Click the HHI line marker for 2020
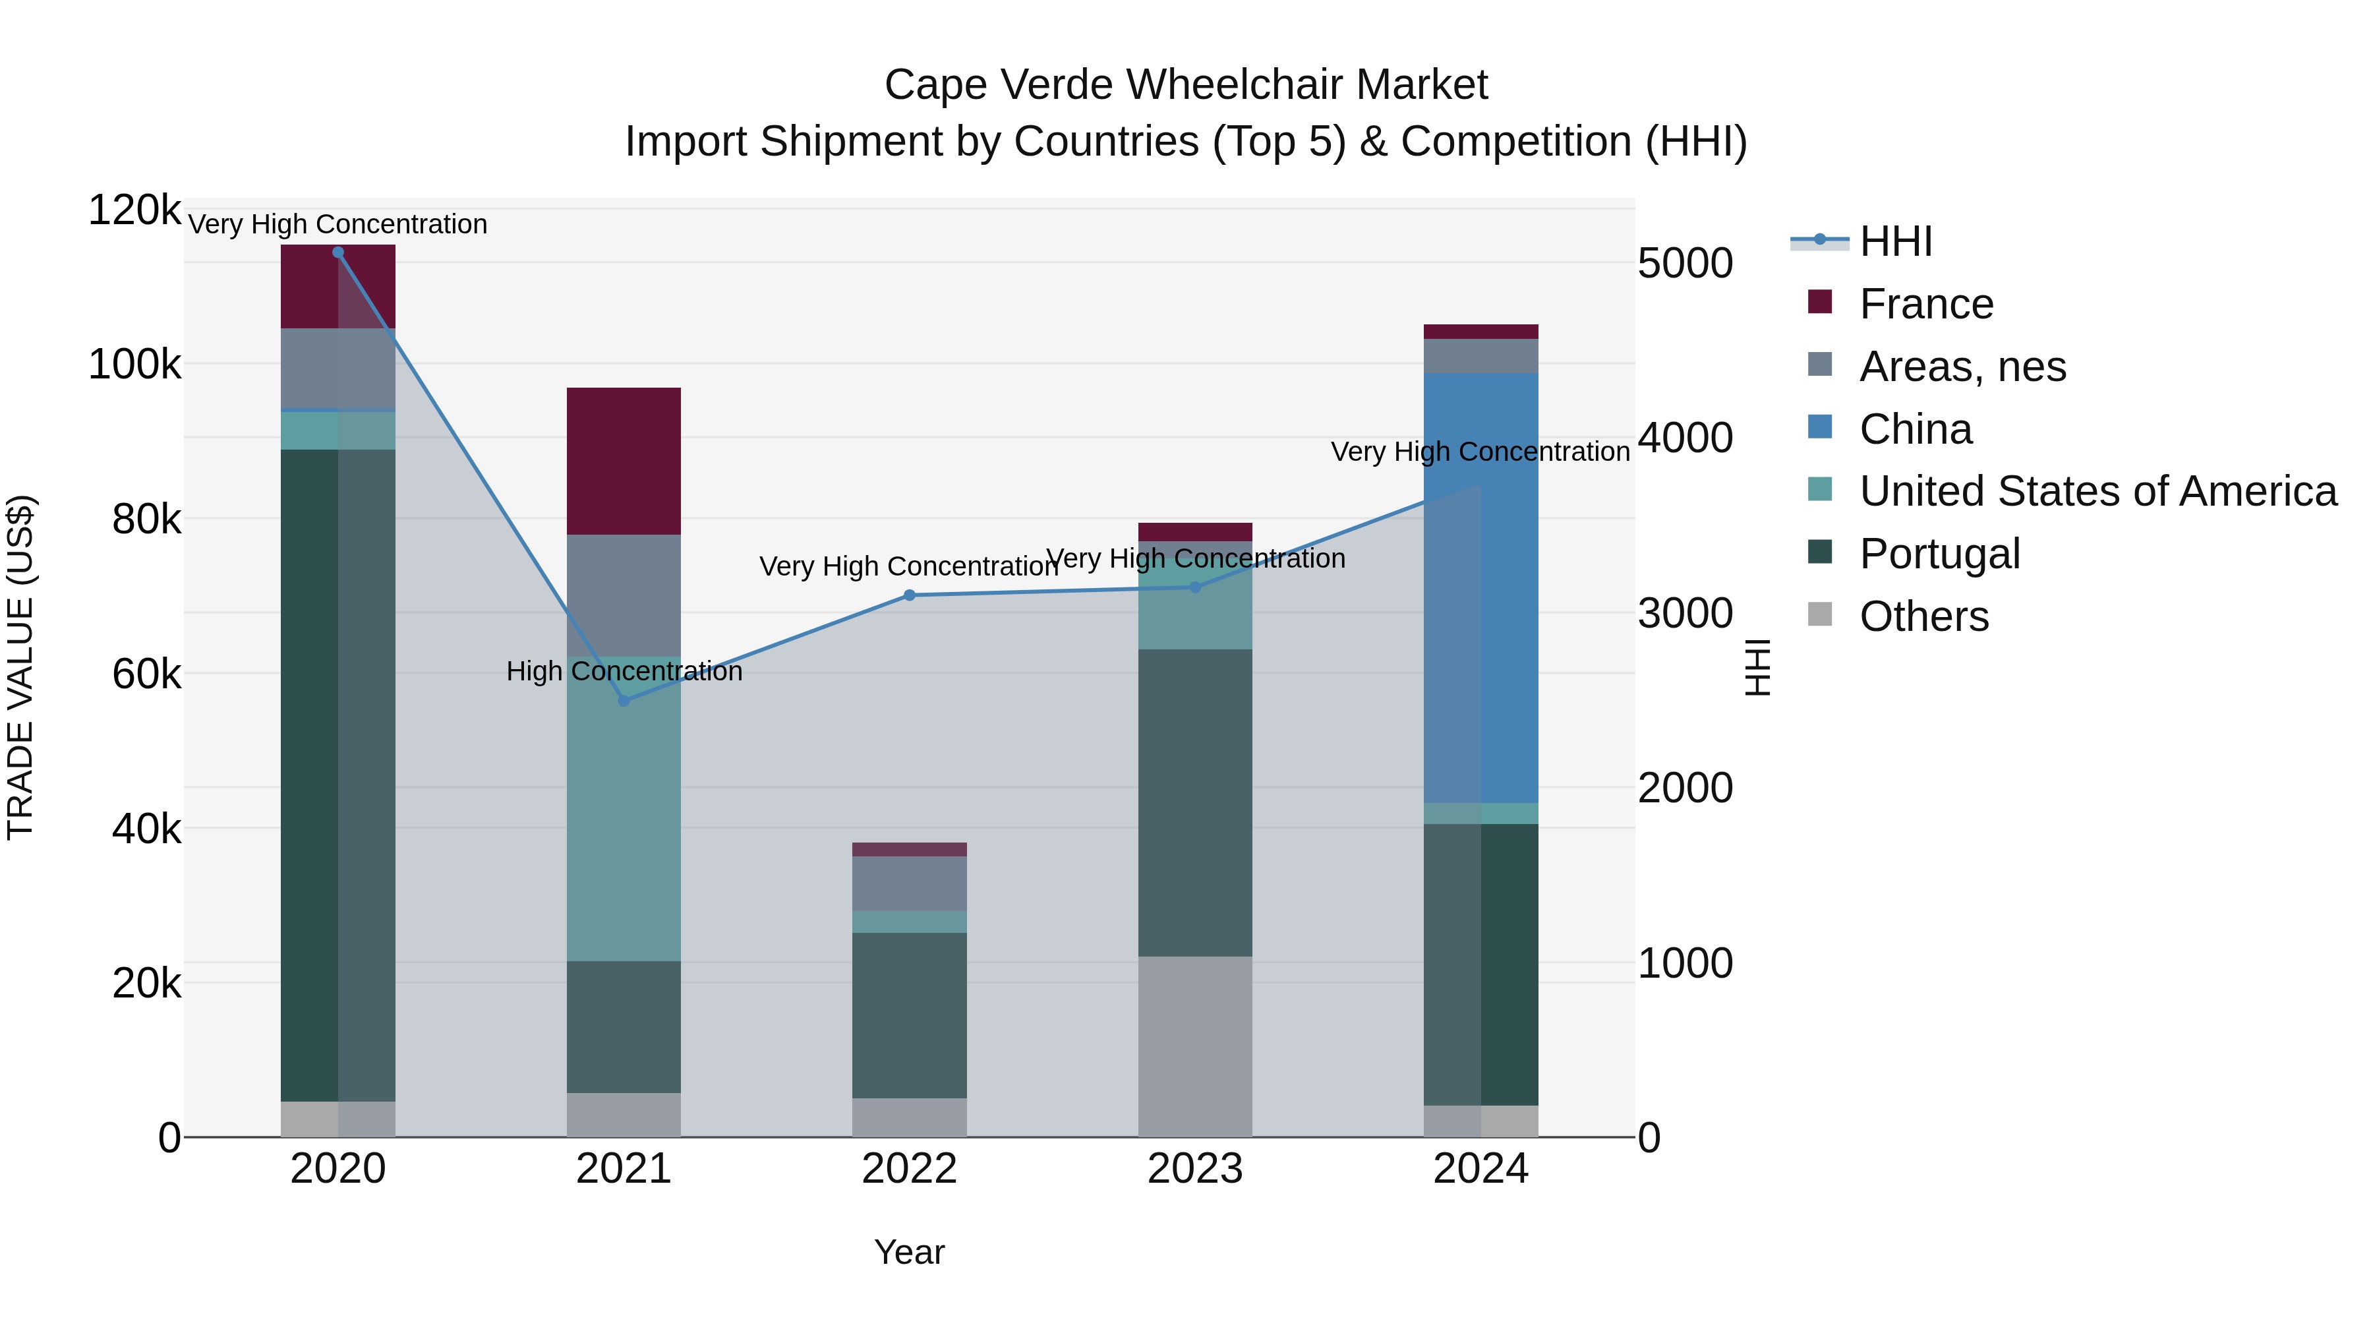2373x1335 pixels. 338,252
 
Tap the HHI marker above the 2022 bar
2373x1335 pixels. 909,595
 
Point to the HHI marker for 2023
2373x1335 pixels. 1195,587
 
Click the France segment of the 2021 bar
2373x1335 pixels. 624,461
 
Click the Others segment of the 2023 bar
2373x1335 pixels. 1195,1046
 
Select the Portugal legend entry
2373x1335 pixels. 1939,554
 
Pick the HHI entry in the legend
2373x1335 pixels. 1895,241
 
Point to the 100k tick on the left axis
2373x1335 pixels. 134,365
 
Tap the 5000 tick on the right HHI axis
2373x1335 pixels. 1685,264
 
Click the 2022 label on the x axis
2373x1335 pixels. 909,1169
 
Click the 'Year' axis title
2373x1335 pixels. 909,1252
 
